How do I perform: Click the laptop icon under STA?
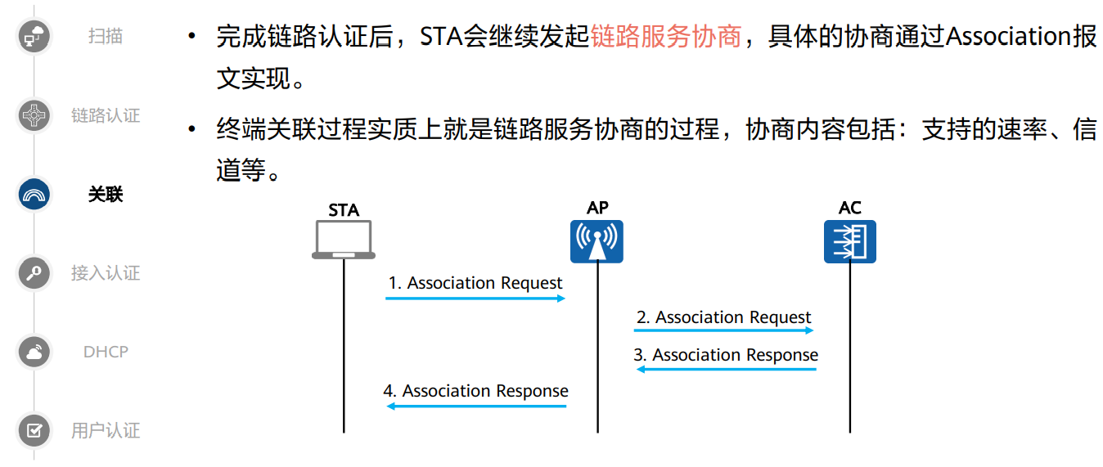click(343, 240)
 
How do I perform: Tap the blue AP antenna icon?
click(597, 240)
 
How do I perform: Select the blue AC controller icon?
click(849, 241)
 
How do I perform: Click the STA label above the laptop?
click(344, 210)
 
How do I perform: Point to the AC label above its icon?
click(850, 208)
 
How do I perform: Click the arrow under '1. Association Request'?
click(475, 299)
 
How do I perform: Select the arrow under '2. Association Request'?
click(723, 330)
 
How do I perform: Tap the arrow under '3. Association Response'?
click(727, 370)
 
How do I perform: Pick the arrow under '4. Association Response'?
click(476, 406)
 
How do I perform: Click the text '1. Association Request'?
click(475, 283)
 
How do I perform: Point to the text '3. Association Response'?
click(726, 355)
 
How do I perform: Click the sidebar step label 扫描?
click(106, 36)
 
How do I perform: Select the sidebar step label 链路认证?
click(106, 115)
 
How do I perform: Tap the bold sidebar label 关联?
click(106, 195)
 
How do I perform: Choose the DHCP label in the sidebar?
click(106, 352)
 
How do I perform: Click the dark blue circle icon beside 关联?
click(34, 195)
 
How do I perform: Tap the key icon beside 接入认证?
click(34, 273)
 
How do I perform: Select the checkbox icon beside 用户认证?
click(34, 430)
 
